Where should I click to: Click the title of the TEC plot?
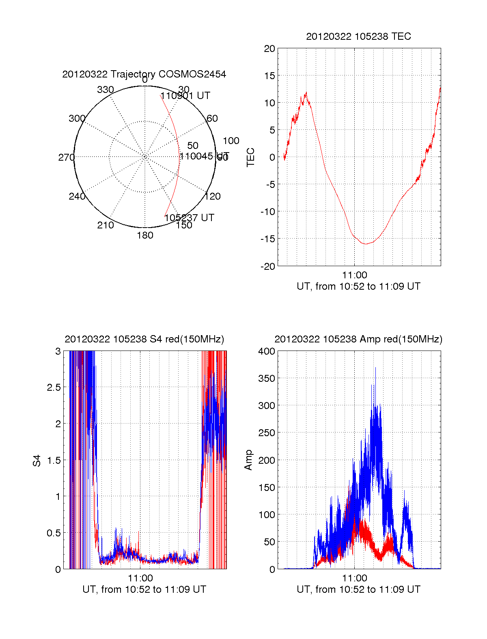pyautogui.click(x=358, y=37)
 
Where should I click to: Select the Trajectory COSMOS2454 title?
pyautogui.click(x=144, y=74)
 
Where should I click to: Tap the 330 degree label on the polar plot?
pyautogui.click(x=106, y=90)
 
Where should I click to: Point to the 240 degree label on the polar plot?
pyautogui.click(x=77, y=197)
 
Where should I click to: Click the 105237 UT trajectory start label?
pyautogui.click(x=189, y=218)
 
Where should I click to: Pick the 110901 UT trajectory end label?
pyautogui.click(x=185, y=96)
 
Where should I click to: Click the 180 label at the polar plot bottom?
pyautogui.click(x=145, y=235)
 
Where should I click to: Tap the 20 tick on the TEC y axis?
pyautogui.click(x=269, y=49)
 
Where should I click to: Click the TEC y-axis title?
pyautogui.click(x=251, y=157)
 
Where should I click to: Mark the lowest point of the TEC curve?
pyautogui.click(x=365, y=244)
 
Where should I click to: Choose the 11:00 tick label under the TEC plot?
pyautogui.click(x=354, y=275)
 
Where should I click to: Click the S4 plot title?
pyautogui.click(x=144, y=339)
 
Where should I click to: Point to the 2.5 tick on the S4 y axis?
pyautogui.click(x=54, y=387)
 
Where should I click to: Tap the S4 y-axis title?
pyautogui.click(x=37, y=460)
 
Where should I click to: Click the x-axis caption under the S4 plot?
pyautogui.click(x=144, y=589)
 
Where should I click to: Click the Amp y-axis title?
pyautogui.click(x=248, y=460)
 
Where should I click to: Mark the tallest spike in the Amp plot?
pyautogui.click(x=375, y=368)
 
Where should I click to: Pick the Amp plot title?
pyautogui.click(x=358, y=339)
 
